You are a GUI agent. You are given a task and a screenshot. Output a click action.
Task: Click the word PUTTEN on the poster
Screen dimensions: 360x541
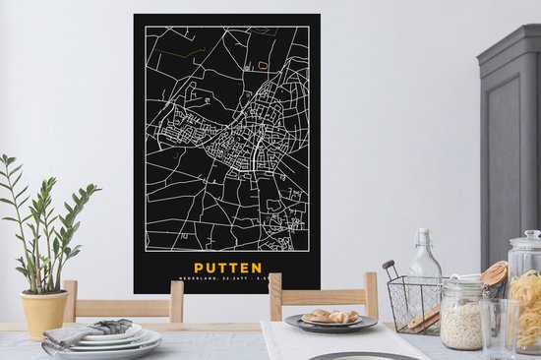point(227,268)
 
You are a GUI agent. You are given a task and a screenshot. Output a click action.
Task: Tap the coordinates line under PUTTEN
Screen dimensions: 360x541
point(227,282)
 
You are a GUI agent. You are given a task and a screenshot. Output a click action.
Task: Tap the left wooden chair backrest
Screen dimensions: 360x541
point(124,300)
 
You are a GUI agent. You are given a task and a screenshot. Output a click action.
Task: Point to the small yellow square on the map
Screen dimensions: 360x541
point(263,65)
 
